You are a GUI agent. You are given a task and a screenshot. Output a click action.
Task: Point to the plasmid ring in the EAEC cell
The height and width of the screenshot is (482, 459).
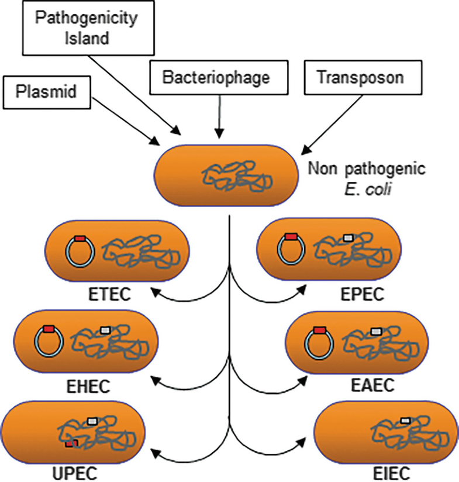[x=319, y=344]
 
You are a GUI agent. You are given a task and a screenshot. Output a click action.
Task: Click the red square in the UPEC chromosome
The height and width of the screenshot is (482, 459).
[x=71, y=444]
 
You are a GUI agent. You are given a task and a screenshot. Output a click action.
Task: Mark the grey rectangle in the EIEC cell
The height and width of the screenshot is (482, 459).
[x=406, y=420]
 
